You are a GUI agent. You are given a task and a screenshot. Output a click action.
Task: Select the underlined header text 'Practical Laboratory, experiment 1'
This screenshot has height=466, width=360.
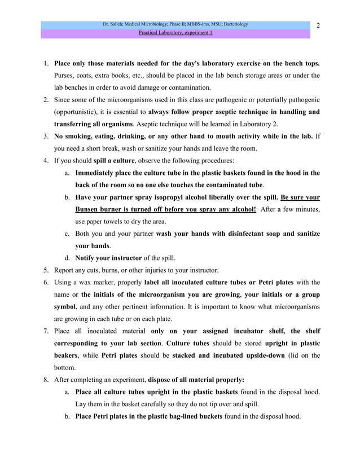(175, 33)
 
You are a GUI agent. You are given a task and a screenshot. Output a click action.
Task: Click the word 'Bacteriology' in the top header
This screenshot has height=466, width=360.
(234, 24)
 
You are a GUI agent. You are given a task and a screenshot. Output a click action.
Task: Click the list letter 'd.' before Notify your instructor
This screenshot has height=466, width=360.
(67, 258)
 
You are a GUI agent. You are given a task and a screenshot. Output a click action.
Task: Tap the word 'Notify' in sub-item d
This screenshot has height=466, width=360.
(87, 258)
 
